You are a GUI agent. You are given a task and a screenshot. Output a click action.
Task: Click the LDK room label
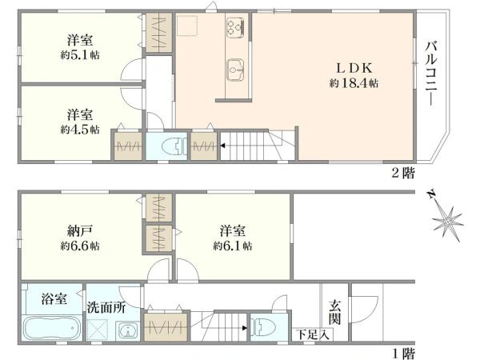coord(354,68)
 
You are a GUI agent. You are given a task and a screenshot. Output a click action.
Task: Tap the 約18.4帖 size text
coord(354,83)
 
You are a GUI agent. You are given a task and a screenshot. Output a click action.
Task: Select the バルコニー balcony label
coord(432,73)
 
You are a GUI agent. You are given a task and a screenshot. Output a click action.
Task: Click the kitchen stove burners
coord(235,26)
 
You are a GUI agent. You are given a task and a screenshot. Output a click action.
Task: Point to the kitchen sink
coord(235,70)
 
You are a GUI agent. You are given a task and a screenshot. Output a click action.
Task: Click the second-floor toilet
coord(174,146)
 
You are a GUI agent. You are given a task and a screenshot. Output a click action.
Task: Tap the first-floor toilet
coord(263,327)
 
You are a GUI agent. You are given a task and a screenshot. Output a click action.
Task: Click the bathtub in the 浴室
coord(52,327)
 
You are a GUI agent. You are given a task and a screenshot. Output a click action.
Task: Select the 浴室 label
coord(54,298)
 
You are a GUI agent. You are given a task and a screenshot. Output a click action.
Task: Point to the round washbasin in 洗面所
coord(127,330)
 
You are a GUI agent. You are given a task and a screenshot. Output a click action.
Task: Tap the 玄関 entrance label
coord(335,313)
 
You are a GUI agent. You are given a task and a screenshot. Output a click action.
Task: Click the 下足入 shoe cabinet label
coord(314,335)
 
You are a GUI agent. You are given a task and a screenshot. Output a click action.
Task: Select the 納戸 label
coord(80,231)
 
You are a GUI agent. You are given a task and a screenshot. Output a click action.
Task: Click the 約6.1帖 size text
coord(233,246)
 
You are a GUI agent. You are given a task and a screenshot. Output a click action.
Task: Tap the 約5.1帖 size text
coord(80,54)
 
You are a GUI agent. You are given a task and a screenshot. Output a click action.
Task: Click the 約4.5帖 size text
coord(80,130)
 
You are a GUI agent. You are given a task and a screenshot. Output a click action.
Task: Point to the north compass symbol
coord(447,219)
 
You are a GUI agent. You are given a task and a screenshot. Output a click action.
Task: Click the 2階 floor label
coord(403,174)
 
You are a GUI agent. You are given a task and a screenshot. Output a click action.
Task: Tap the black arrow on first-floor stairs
coord(245,328)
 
